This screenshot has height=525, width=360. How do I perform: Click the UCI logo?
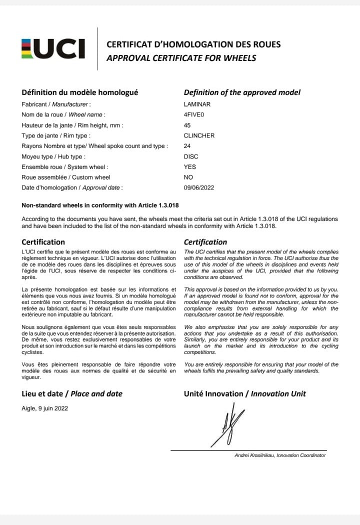tap(53, 48)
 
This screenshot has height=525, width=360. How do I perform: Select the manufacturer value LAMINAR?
tap(197, 104)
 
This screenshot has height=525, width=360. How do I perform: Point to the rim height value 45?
tap(187, 125)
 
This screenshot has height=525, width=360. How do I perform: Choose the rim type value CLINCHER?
tap(199, 135)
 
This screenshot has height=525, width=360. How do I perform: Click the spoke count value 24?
tap(187, 146)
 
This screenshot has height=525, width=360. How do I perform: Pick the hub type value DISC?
tap(190, 156)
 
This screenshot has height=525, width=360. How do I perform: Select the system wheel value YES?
tap(190, 167)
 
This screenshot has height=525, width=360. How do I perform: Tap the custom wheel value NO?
tap(188, 177)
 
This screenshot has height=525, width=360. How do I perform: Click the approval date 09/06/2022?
tap(199, 187)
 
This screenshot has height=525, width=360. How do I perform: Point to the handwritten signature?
tap(227, 427)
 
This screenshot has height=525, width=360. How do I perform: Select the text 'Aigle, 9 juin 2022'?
tap(45, 408)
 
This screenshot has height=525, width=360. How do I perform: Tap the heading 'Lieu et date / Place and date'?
tap(72, 393)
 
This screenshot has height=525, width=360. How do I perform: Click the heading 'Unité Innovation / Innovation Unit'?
tap(245, 393)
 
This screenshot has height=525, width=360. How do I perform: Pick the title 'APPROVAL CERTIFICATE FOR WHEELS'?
tap(181, 58)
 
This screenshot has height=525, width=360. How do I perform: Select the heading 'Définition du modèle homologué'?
tap(80, 92)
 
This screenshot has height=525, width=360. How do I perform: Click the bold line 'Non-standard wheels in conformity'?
tap(100, 205)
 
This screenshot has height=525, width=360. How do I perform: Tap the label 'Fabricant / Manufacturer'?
tap(55, 104)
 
